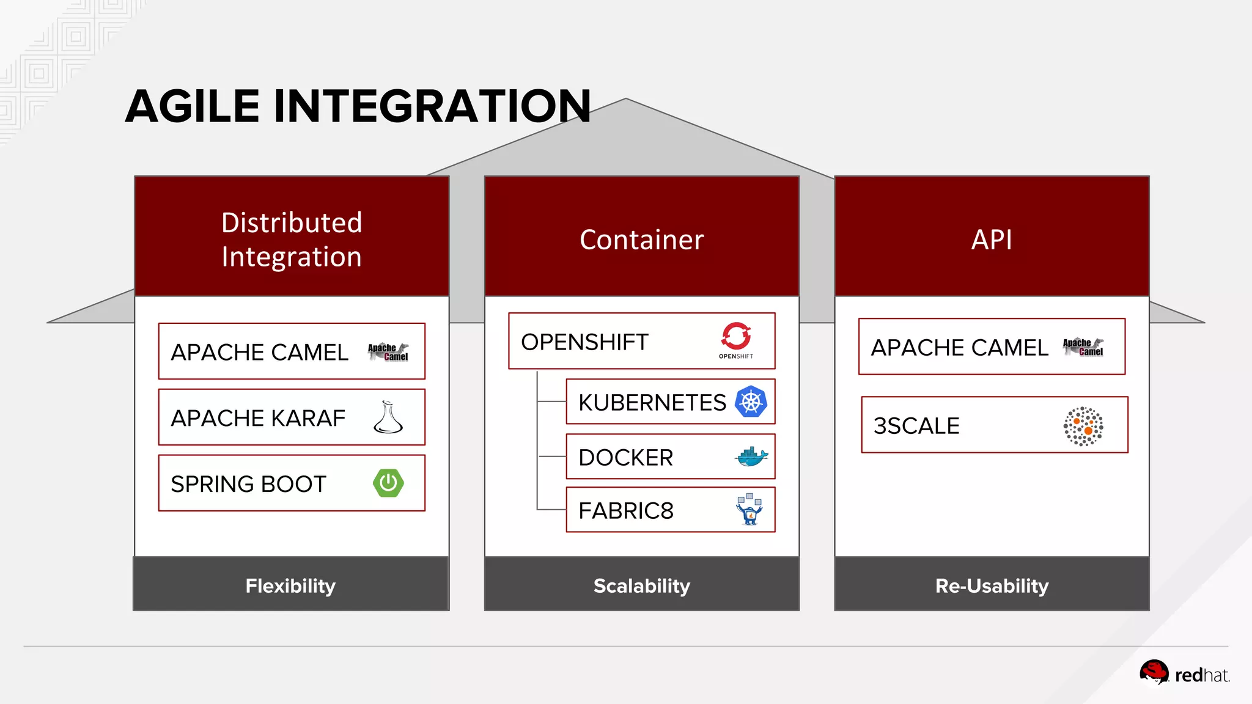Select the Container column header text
pyautogui.click(x=641, y=240)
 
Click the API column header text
pyautogui.click(x=992, y=240)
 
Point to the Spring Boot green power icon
pyautogui.click(x=388, y=483)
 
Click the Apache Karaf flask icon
pyautogui.click(x=388, y=418)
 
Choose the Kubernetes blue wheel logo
pyautogui.click(x=751, y=402)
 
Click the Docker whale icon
pyautogui.click(x=751, y=457)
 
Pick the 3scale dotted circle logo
pyautogui.click(x=1083, y=426)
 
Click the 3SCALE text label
pyautogui.click(x=916, y=426)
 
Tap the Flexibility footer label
pyautogui.click(x=290, y=585)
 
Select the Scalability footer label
pyautogui.click(x=641, y=585)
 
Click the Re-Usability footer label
pyautogui.click(x=992, y=585)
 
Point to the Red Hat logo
pyautogui.click(x=1184, y=674)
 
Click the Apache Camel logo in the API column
pyautogui.click(x=1083, y=347)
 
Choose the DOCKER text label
pyautogui.click(x=625, y=458)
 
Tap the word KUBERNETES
pyautogui.click(x=652, y=403)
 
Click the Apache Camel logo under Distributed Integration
pyautogui.click(x=388, y=352)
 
